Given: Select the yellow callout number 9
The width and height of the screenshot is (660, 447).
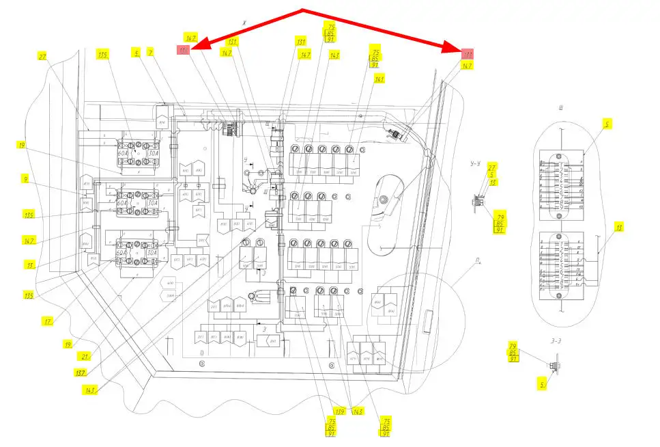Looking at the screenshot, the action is tap(25, 181).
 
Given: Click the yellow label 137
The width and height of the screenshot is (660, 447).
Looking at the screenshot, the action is tap(80, 372).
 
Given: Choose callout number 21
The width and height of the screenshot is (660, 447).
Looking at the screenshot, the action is tap(86, 356).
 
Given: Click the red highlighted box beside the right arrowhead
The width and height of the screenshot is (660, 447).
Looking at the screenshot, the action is tap(468, 54).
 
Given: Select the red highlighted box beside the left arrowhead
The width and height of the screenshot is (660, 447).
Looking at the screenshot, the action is tap(183, 51).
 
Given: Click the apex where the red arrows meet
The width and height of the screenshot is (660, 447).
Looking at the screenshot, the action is tap(302, 10).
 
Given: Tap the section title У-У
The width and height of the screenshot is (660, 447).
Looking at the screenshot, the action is tap(476, 164).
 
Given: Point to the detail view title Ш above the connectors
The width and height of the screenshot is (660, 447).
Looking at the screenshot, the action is tap(559, 107).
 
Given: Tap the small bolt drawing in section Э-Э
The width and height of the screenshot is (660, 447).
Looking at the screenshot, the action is tap(554, 366).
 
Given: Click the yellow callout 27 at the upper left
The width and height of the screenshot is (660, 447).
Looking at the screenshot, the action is tap(42, 58).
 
